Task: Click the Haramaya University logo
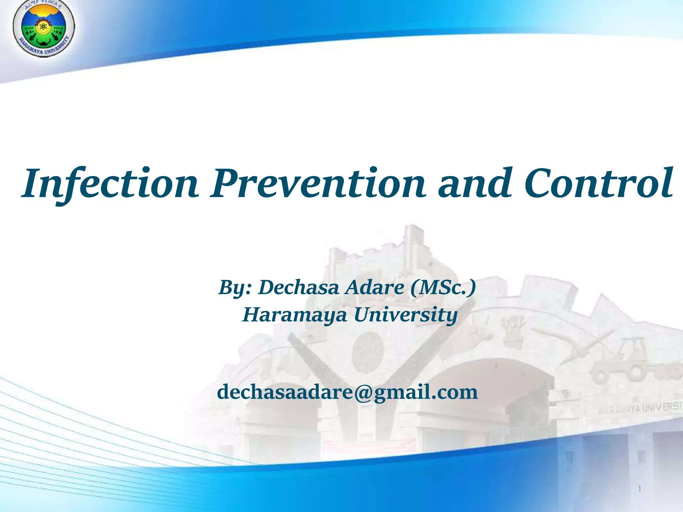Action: tap(43, 28)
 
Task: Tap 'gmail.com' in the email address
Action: tap(426, 393)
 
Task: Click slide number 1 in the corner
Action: tap(640, 489)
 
